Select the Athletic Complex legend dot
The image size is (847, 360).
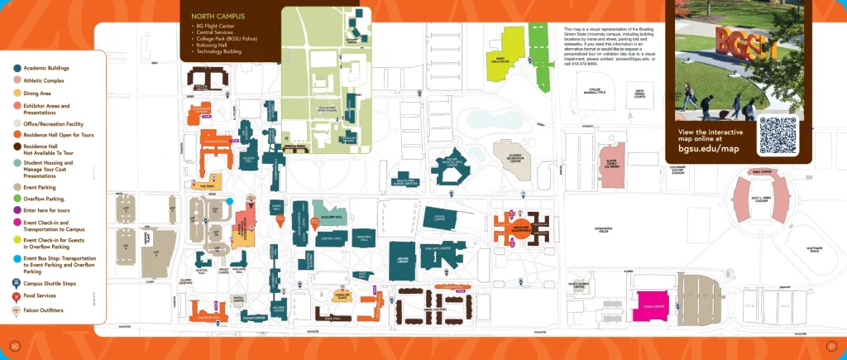coord(17,81)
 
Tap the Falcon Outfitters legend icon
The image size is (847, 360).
coord(17,310)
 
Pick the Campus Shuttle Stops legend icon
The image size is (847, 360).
coord(17,283)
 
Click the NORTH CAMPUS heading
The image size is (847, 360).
coord(211,16)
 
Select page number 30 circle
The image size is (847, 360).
coord(14,345)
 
